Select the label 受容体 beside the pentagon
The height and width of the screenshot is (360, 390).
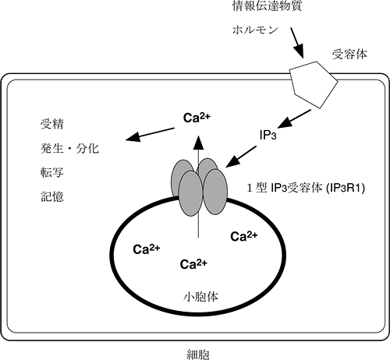point(348,55)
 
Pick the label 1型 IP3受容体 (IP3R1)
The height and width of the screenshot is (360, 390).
point(307,188)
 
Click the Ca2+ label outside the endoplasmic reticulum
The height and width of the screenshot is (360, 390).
point(198,119)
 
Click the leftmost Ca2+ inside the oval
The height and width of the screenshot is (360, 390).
point(146,249)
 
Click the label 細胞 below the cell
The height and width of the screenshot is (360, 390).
point(193,349)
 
